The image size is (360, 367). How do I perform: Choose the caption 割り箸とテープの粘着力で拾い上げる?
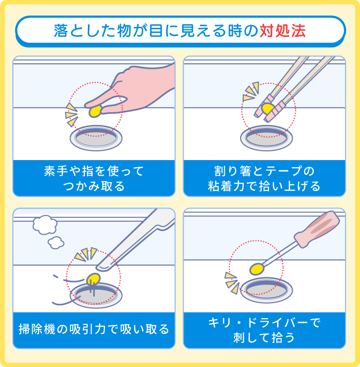264,178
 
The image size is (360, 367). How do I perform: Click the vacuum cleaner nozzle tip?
102,266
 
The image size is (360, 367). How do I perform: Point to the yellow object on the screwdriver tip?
257,268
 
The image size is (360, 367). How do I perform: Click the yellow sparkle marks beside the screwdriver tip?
232,282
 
